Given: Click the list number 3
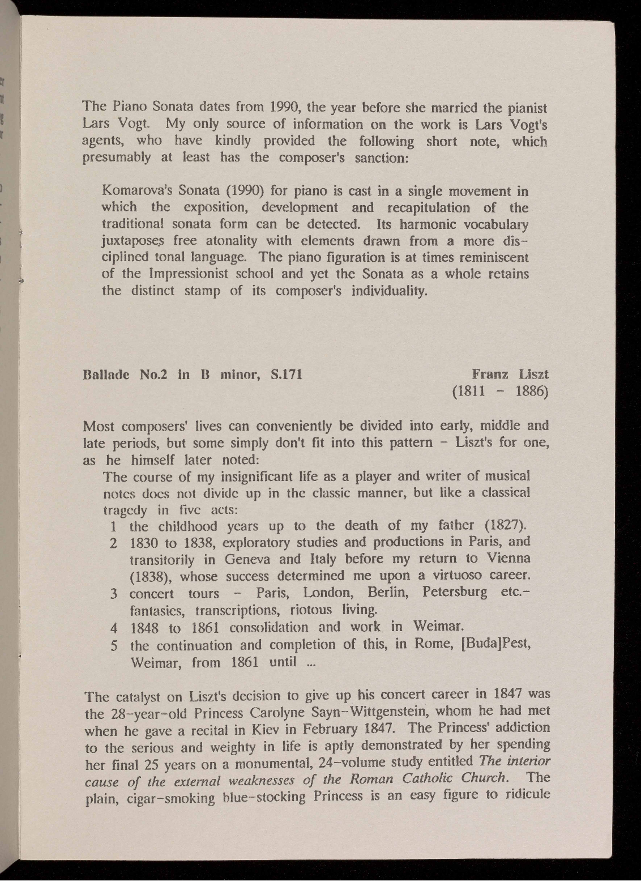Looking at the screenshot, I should pyautogui.click(x=114, y=594).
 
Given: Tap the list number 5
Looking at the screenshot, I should pyautogui.click(x=114, y=645).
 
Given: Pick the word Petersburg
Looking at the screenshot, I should pyautogui.click(x=455, y=593).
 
